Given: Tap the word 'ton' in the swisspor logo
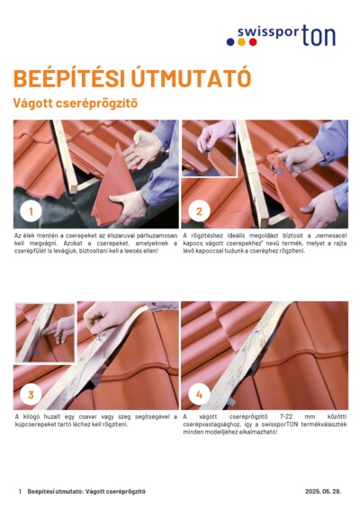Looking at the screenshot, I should coord(319,35).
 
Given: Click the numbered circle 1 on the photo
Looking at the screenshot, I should coord(31,212).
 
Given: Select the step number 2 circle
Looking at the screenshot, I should coord(199,212).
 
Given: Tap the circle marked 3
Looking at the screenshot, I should coord(31,394).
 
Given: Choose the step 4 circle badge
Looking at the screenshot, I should coord(199,394).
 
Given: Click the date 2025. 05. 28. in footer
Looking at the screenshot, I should coord(323,491).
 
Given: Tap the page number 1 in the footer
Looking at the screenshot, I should coord(20,491).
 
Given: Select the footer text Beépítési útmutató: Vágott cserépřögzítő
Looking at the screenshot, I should coord(86,491).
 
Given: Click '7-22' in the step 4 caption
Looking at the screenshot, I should coord(289,417).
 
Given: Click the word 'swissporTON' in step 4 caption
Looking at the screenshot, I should coord(279,424).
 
